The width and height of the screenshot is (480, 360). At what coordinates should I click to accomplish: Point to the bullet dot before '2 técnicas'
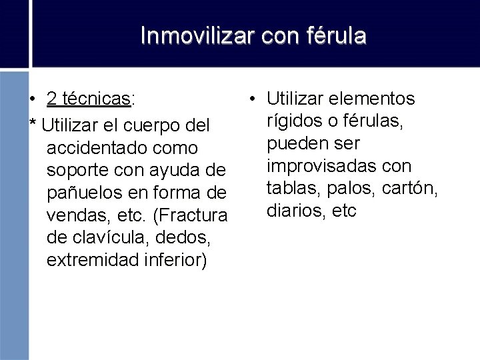click(x=32, y=100)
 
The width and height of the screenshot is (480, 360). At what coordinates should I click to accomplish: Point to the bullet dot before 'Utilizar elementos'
click(x=252, y=100)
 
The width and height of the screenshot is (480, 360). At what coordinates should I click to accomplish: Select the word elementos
click(x=377, y=99)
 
